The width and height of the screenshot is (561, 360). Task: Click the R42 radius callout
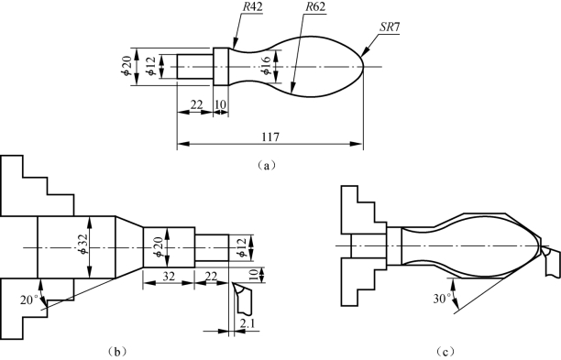tap(253, 8)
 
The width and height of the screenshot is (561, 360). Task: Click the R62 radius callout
tap(315, 7)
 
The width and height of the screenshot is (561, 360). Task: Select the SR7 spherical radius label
tap(389, 27)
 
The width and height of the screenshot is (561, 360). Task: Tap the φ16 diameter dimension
tap(267, 66)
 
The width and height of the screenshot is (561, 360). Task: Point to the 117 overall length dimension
tap(270, 136)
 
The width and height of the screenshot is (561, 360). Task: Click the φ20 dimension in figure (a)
tap(126, 67)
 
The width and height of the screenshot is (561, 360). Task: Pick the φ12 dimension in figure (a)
tap(151, 67)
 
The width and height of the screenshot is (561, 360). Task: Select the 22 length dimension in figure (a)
tap(196, 105)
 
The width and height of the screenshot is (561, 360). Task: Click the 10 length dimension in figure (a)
tap(221, 105)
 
